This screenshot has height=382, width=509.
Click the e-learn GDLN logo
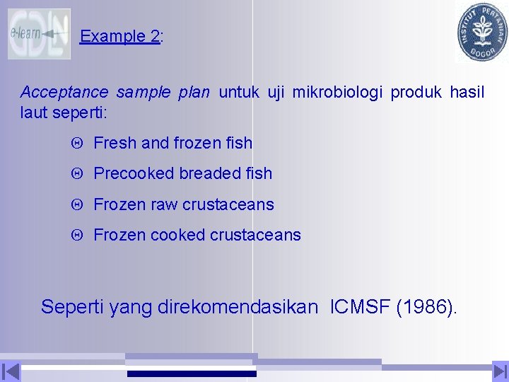[x=39, y=34]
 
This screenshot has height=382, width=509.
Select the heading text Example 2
[x=120, y=37]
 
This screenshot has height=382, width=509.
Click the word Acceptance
[x=64, y=92]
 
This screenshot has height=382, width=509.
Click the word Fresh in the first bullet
[x=115, y=143]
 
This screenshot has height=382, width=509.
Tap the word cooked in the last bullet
[x=177, y=235]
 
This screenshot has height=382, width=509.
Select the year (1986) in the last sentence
[x=426, y=307]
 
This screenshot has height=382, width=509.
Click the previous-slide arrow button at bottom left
[x=11, y=371]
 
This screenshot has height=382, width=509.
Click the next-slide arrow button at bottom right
[x=499, y=371]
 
